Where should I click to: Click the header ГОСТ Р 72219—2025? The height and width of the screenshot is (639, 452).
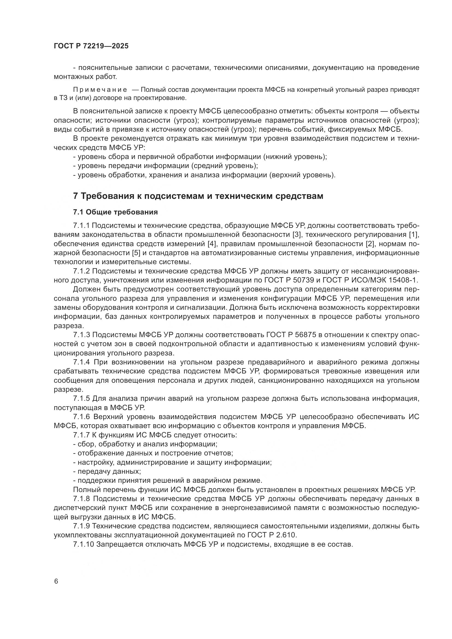(x=91, y=46)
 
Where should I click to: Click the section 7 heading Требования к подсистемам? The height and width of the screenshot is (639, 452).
(x=198, y=196)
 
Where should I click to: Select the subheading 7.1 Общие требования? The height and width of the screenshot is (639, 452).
(x=115, y=212)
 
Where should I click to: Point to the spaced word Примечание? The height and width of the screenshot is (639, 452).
(x=100, y=90)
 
